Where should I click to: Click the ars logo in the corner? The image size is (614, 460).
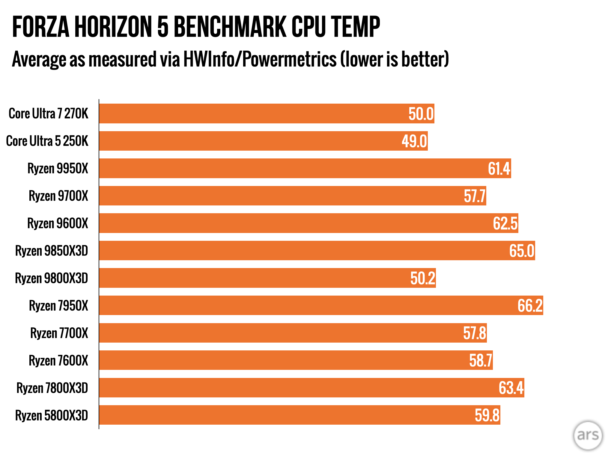tap(588, 435)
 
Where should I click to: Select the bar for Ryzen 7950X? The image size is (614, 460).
tap(321, 305)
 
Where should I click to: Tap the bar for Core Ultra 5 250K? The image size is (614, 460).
tap(263, 141)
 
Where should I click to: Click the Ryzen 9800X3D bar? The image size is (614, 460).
tap(267, 278)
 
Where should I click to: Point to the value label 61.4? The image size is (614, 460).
tap(499, 169)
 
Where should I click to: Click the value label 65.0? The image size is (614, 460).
tap(522, 251)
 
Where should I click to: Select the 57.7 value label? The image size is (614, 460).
tap(475, 196)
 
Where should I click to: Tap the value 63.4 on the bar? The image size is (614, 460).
tap(511, 388)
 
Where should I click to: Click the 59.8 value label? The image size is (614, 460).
tap(487, 415)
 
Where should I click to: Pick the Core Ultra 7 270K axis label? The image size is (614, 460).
tap(49, 114)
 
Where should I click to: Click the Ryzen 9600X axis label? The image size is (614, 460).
tap(58, 223)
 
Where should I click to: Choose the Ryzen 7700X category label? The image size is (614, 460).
tap(59, 333)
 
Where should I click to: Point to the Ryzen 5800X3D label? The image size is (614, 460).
tap(52, 415)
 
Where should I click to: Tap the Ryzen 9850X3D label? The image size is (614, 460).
tap(52, 251)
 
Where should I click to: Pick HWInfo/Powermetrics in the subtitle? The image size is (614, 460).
tap(260, 59)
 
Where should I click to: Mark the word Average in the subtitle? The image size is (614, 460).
tap(39, 59)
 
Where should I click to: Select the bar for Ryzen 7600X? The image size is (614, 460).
tap(296, 360)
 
